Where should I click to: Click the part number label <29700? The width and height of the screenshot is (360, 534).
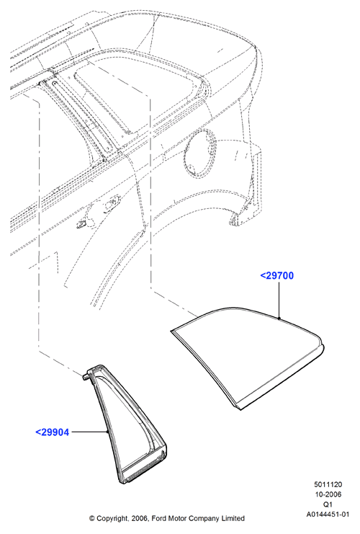pos(276,275)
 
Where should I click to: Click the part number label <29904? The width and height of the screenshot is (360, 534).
pos(53,432)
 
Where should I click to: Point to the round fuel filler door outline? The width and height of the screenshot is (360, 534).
pos(201,153)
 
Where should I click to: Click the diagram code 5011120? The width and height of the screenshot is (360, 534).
pos(328,484)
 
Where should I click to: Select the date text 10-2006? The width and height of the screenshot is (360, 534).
pos(328,494)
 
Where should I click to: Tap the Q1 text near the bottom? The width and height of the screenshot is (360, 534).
pos(328,504)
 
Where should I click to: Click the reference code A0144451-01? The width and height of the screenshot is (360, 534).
pos(328,515)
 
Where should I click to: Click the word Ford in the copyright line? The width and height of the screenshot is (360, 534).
pos(158,518)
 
